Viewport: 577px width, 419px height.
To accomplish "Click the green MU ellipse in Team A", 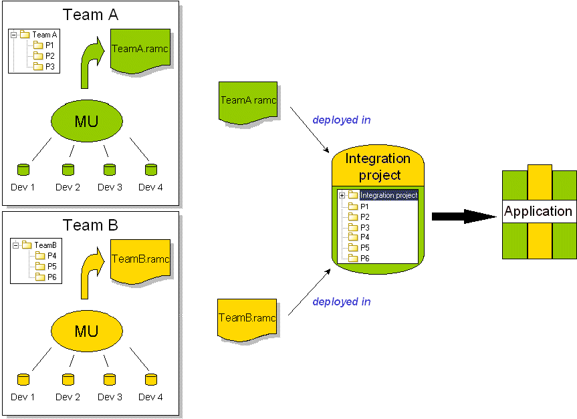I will [87, 121].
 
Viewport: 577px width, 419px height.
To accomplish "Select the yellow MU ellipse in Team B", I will [87, 331].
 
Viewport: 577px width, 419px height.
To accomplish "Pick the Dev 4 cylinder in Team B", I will [151, 380].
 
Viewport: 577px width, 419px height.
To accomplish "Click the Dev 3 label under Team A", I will [110, 187].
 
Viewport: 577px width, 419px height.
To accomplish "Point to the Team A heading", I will [90, 15].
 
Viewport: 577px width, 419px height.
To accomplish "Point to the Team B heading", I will [90, 225].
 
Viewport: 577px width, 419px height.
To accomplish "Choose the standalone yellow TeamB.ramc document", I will [247, 319].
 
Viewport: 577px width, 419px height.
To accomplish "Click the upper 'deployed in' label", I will [341, 120].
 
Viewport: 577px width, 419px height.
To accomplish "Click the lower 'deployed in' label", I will [341, 301].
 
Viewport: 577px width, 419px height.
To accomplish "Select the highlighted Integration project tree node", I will [388, 195].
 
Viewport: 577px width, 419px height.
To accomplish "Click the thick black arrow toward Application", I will [461, 216].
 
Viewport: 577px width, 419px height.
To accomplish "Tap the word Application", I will [538, 212].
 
